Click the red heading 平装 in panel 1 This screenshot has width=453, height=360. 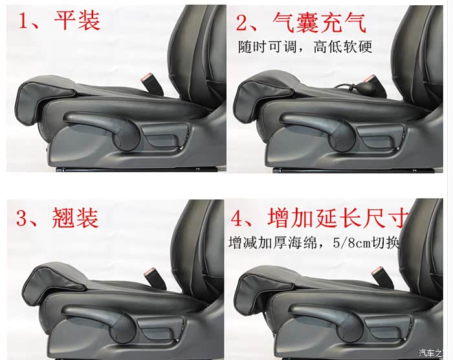coord(77,20)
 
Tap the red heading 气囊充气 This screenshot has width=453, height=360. coord(319,23)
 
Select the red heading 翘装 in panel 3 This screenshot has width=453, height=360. coord(76,218)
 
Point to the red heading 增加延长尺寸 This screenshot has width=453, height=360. coord(338,218)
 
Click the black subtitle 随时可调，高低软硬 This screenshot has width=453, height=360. coord(305,47)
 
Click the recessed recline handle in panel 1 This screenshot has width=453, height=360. coord(163,136)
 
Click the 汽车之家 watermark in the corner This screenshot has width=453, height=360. coord(431,353)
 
